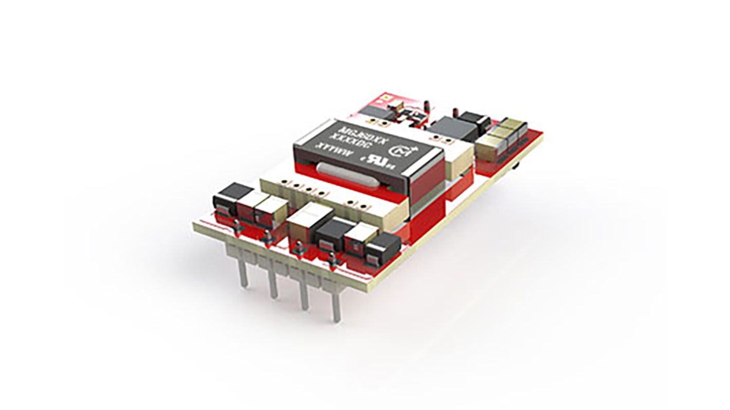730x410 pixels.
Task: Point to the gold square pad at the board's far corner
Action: pos(386,97)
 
